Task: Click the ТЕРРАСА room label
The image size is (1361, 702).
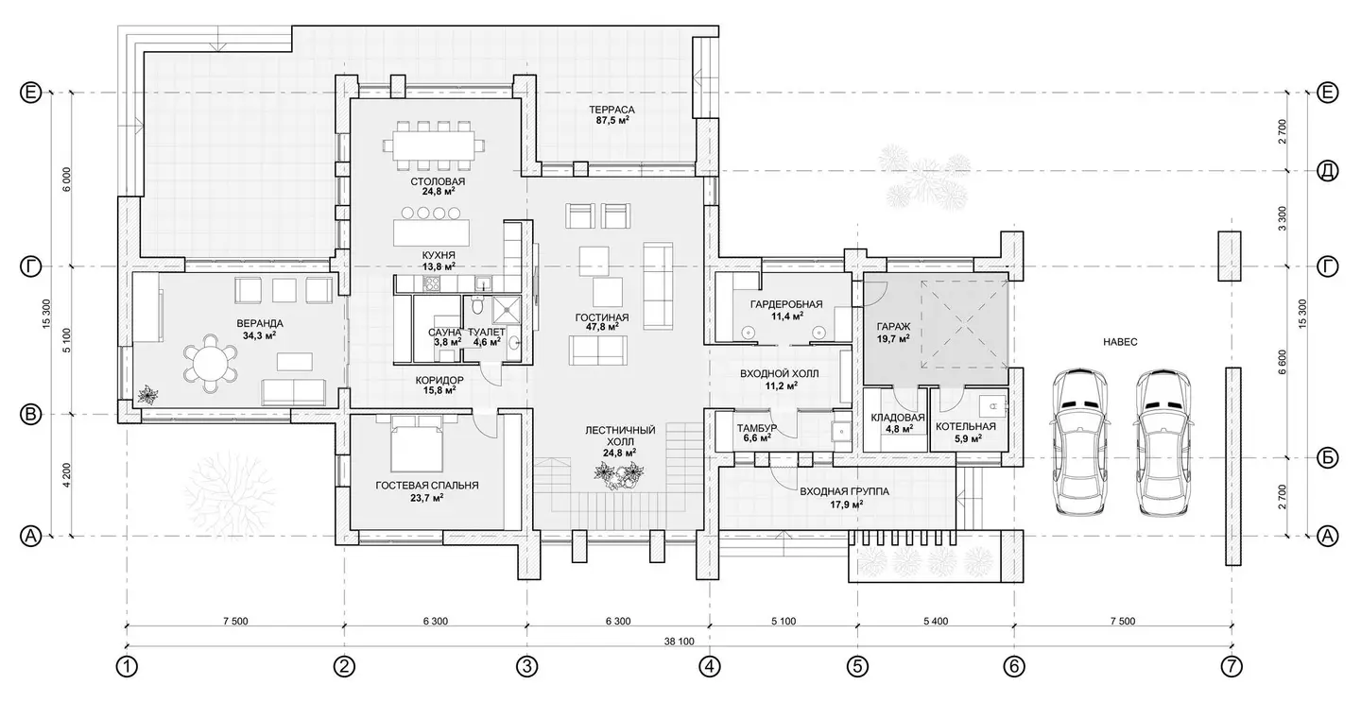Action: tap(612, 110)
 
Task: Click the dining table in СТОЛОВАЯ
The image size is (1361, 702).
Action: tap(434, 146)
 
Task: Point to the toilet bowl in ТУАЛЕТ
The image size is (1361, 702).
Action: tap(477, 305)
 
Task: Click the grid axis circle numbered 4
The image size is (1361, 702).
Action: tap(709, 667)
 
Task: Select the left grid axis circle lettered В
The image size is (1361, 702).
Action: tap(31, 415)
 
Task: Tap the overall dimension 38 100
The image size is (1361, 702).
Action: tap(679, 642)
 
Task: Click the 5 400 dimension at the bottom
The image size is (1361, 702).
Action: tap(936, 622)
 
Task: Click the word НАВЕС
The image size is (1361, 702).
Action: tap(1120, 342)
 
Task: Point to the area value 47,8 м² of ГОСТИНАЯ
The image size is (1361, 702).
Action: tap(601, 327)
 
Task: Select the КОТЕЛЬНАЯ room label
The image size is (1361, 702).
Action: tap(966, 426)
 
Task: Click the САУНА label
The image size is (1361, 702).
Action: tap(445, 333)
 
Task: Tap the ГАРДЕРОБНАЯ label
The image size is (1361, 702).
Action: tap(786, 304)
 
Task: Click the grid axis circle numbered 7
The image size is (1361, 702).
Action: tap(1232, 667)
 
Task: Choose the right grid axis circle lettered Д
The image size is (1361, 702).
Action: tap(1328, 171)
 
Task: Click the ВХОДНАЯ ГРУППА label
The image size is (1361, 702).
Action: tap(844, 491)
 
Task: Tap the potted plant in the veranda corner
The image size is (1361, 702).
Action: tap(147, 396)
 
